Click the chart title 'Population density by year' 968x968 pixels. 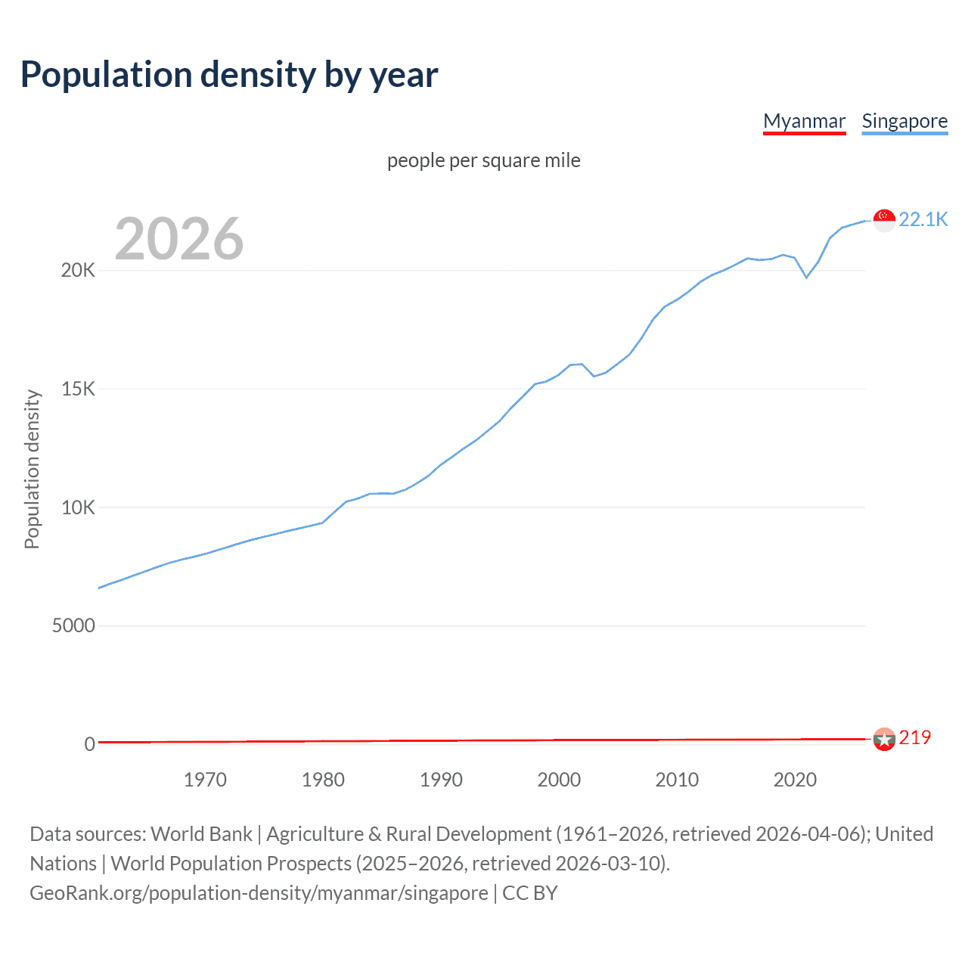[229, 75]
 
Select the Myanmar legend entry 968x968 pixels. [804, 121]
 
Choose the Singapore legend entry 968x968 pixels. [904, 121]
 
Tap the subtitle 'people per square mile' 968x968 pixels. [483, 160]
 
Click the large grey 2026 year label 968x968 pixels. [179, 239]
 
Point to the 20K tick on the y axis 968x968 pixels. [78, 271]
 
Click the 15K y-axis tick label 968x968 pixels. [78, 389]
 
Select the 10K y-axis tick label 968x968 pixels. [78, 507]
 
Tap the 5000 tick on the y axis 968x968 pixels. [73, 625]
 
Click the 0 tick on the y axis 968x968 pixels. [89, 744]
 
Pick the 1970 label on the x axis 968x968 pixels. [205, 780]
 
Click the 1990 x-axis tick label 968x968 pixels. [441, 780]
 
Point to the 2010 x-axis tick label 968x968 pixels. [677, 780]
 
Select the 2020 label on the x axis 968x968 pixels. [795, 780]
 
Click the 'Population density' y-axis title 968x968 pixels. [32, 469]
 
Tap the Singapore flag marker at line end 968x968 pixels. [884, 220]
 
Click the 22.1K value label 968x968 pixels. [923, 219]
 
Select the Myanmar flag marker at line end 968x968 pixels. [884, 739]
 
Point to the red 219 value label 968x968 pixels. [914, 737]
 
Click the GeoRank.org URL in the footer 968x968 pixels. [259, 893]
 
